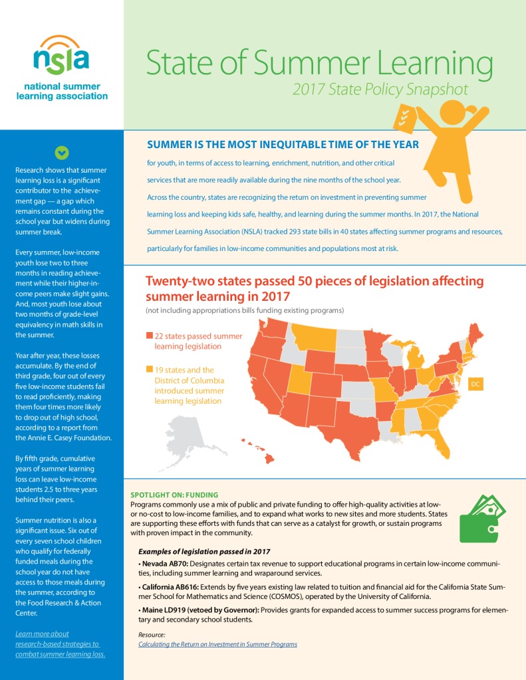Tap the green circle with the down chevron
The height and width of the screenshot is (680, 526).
click(62, 153)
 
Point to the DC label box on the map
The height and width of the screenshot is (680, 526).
click(475, 384)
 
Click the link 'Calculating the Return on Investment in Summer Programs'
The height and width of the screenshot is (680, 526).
click(217, 644)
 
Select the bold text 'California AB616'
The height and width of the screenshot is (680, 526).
click(170, 587)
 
